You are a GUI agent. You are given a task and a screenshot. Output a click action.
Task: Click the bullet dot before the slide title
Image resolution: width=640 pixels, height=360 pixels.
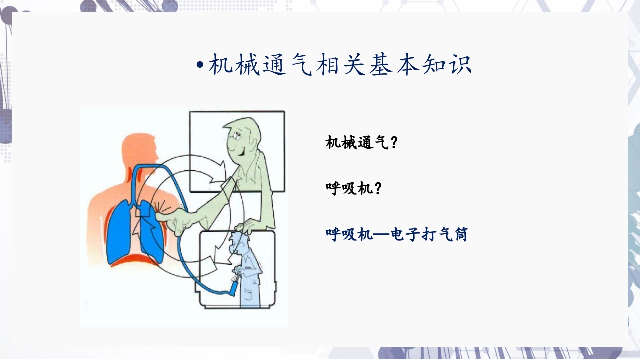point(200,65)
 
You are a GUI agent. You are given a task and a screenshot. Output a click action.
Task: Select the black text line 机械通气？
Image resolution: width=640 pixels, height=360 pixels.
point(362,143)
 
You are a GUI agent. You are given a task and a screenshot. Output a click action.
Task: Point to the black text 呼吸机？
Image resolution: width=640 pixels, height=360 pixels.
point(354,189)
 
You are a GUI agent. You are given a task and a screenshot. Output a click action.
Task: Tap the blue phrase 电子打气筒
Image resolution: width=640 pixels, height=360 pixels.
point(429,234)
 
